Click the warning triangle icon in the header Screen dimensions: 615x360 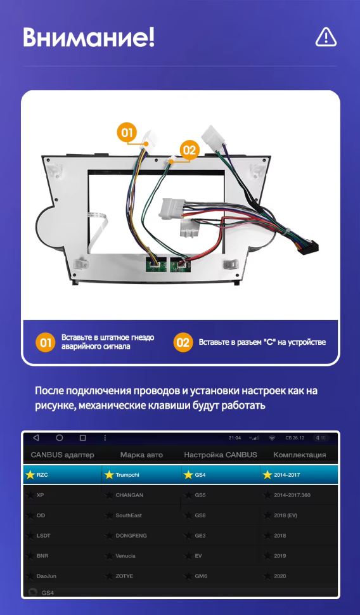click(326, 37)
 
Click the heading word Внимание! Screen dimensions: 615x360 click(89, 37)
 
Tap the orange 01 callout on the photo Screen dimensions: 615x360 click(127, 133)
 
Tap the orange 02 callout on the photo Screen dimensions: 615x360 click(189, 150)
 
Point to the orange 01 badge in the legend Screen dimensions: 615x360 click(44, 342)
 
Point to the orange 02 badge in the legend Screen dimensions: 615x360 click(183, 342)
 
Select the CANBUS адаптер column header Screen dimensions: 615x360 click(62, 455)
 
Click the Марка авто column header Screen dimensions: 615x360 click(141, 455)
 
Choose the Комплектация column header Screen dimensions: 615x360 click(299, 455)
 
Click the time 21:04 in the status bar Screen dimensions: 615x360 click(235, 437)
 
